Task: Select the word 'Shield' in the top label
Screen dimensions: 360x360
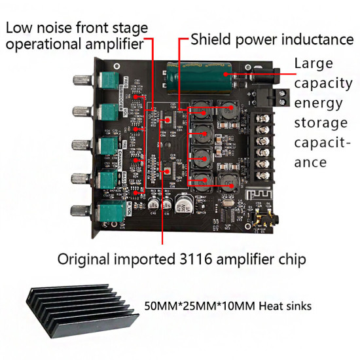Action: [x=209, y=39]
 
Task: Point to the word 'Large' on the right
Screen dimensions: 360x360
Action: [x=314, y=64]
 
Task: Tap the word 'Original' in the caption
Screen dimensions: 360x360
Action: [x=84, y=259]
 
